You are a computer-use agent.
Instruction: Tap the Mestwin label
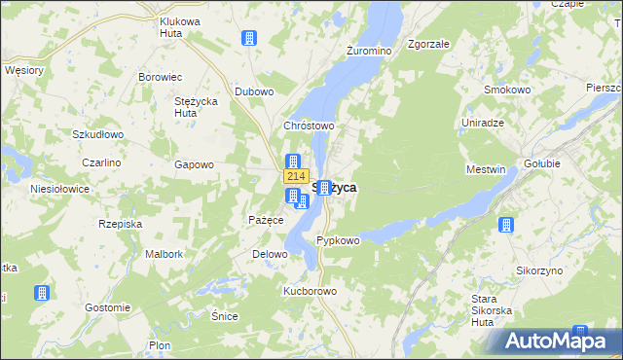[x=486, y=168]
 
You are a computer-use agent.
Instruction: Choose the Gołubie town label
[x=542, y=163]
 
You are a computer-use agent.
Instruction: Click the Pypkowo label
[x=339, y=239]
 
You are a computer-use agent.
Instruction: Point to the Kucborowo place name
[x=310, y=291]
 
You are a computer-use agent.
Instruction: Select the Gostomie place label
[x=107, y=307]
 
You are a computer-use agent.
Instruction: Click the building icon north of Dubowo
[x=249, y=39]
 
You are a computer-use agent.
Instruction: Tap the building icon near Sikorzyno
[x=506, y=226]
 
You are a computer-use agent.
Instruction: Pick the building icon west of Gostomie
[x=42, y=293]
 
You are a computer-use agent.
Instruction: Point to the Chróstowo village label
[x=309, y=126]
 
